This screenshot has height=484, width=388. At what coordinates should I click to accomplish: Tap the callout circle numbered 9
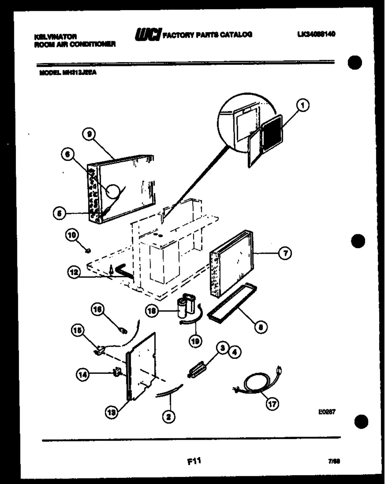coord(89,135)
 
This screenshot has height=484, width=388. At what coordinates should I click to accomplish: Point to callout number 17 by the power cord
coord(272,403)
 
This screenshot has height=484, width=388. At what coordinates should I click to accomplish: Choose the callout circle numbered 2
coord(168,417)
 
